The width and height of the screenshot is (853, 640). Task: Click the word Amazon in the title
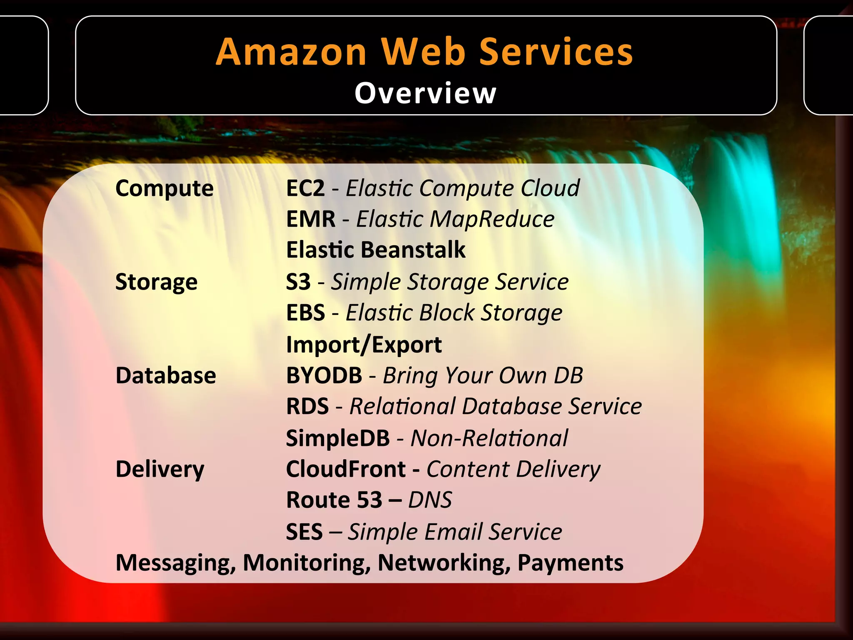[x=291, y=52]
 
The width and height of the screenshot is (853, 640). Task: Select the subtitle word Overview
[x=425, y=93]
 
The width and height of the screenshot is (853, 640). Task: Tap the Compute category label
[x=165, y=188]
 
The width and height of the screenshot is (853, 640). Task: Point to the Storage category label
[x=156, y=282]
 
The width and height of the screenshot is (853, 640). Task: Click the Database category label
[x=166, y=375]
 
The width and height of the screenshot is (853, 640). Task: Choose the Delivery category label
[x=160, y=469]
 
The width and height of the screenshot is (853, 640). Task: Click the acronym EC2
[x=305, y=188]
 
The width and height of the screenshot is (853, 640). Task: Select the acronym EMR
[x=311, y=219]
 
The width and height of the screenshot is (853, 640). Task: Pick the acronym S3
[x=298, y=282]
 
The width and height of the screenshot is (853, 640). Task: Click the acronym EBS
[x=305, y=312]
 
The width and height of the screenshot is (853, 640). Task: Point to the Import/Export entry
[x=364, y=345]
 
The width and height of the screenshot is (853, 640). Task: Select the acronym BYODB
[x=324, y=375]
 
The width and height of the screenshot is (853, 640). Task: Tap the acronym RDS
[x=307, y=406]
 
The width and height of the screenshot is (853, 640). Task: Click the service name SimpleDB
[x=338, y=438]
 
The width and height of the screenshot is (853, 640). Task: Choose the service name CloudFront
[x=346, y=469]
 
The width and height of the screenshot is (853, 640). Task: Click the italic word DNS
[x=430, y=500]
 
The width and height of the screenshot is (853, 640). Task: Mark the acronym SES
[x=304, y=532]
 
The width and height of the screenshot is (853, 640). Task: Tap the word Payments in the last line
[x=570, y=563]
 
